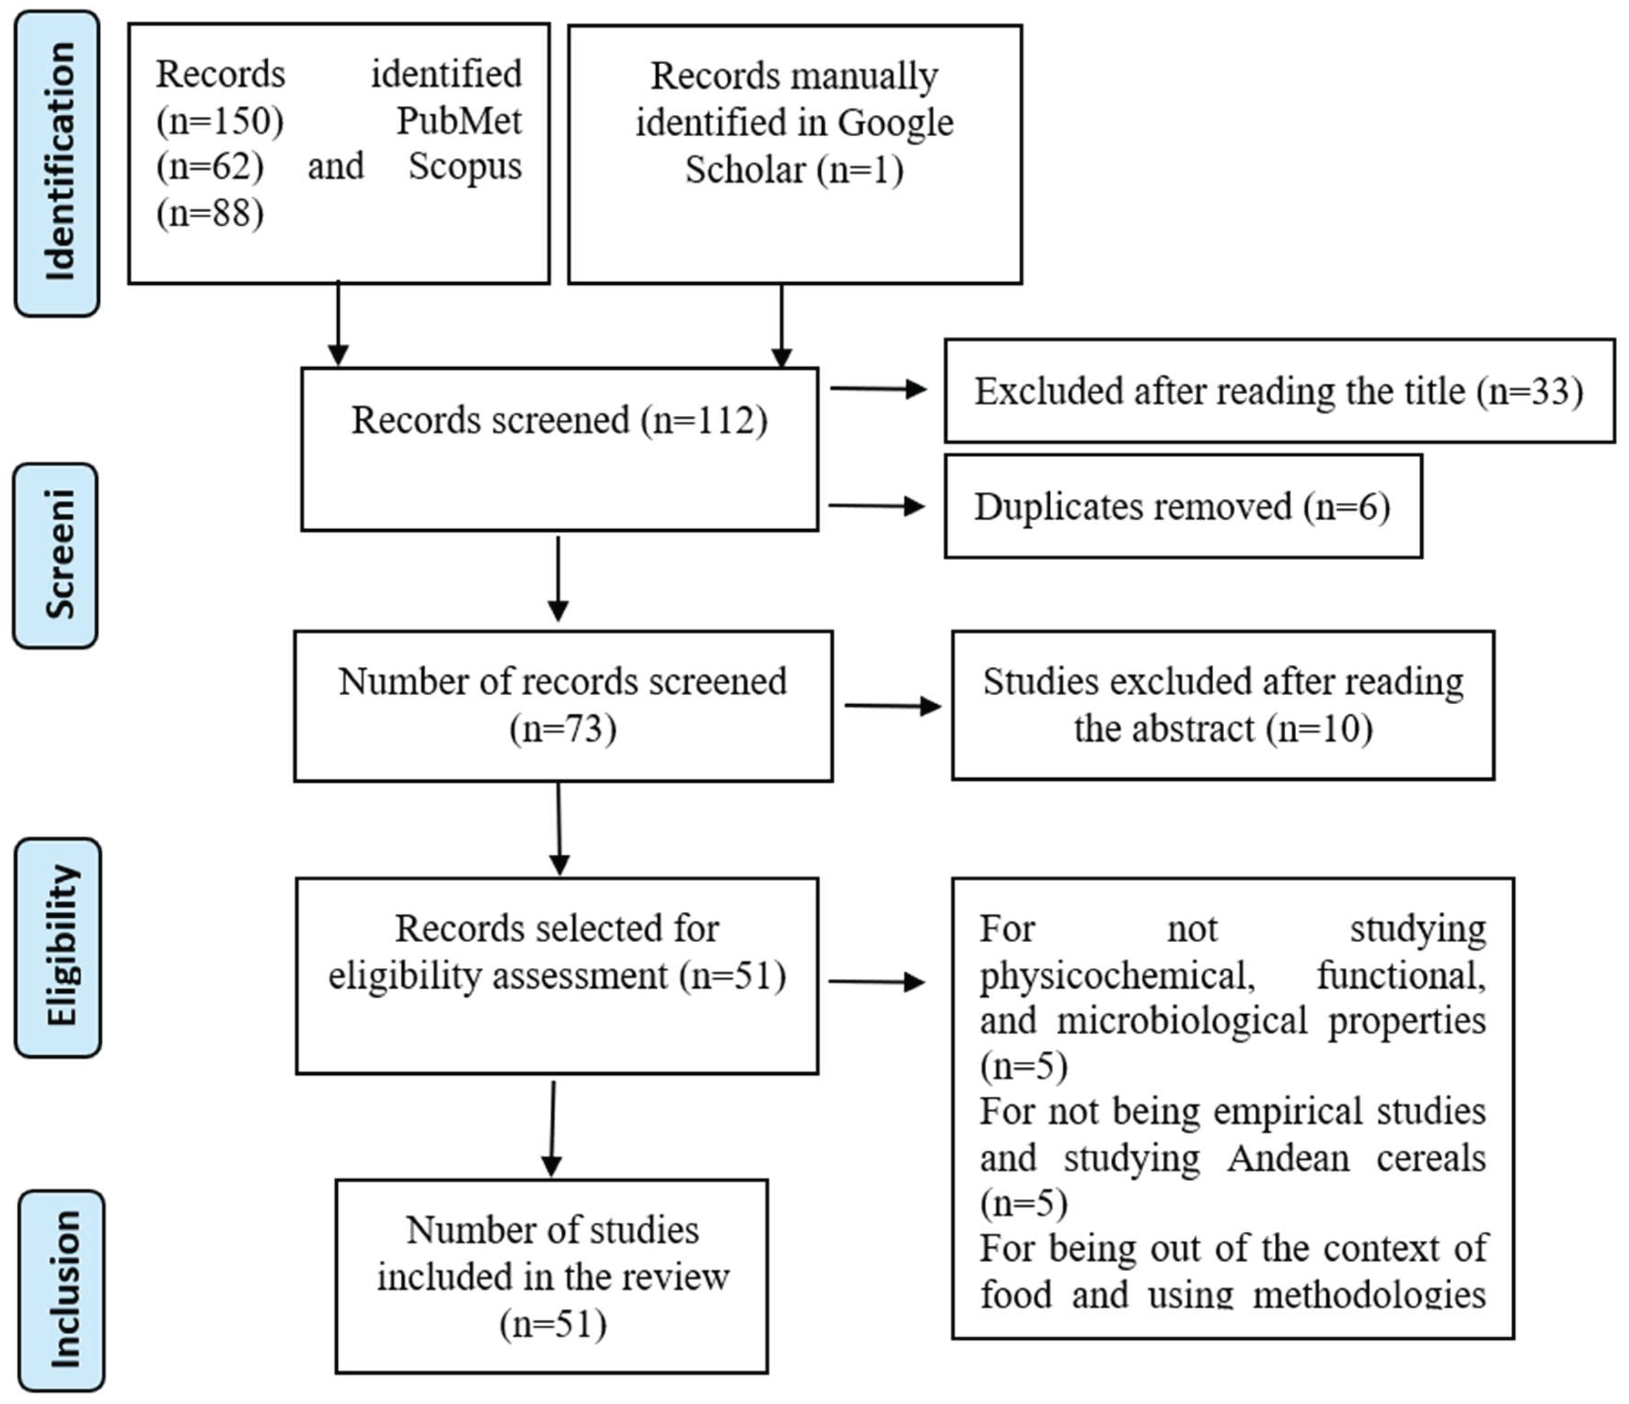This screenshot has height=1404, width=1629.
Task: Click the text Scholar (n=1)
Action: (794, 170)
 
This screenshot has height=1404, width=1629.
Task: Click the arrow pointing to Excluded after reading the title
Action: (879, 388)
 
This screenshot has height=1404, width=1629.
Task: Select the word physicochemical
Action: (1116, 976)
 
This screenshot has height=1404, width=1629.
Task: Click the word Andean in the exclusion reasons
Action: (1288, 1158)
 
